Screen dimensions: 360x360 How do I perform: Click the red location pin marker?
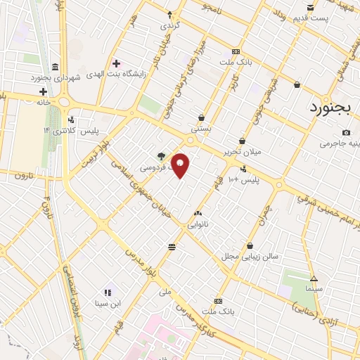click(x=181, y=165)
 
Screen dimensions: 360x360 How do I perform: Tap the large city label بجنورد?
click(x=335, y=108)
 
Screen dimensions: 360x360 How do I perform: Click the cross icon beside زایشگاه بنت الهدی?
click(x=116, y=63)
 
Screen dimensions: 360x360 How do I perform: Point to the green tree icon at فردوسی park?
click(x=162, y=157)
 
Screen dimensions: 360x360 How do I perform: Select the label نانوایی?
click(x=197, y=224)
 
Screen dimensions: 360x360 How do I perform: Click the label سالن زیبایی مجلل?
click(x=250, y=256)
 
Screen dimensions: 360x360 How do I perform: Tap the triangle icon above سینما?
click(x=314, y=278)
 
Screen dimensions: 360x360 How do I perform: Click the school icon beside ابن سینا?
click(x=108, y=292)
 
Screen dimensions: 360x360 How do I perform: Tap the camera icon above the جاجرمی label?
click(x=346, y=132)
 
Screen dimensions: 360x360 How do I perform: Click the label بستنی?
click(x=201, y=129)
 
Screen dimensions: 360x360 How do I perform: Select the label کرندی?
click(x=169, y=25)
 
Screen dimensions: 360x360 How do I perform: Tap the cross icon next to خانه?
click(x=43, y=91)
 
